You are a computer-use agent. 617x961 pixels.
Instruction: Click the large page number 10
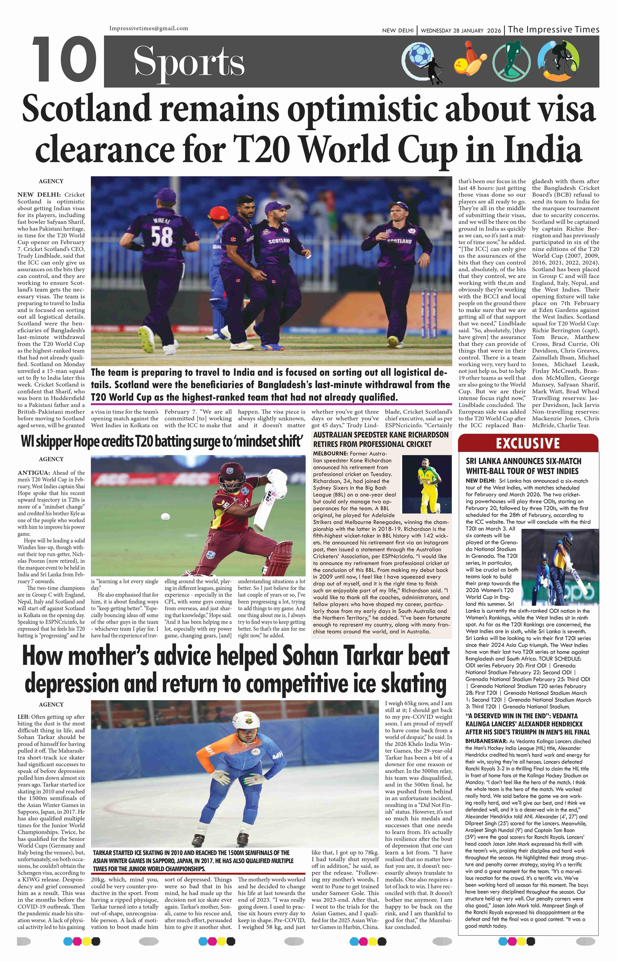pyautogui.click(x=64, y=59)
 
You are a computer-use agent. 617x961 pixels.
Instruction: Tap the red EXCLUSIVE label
pyautogui.click(x=528, y=443)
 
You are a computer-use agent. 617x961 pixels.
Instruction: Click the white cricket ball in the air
pyautogui.click(x=165, y=517)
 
